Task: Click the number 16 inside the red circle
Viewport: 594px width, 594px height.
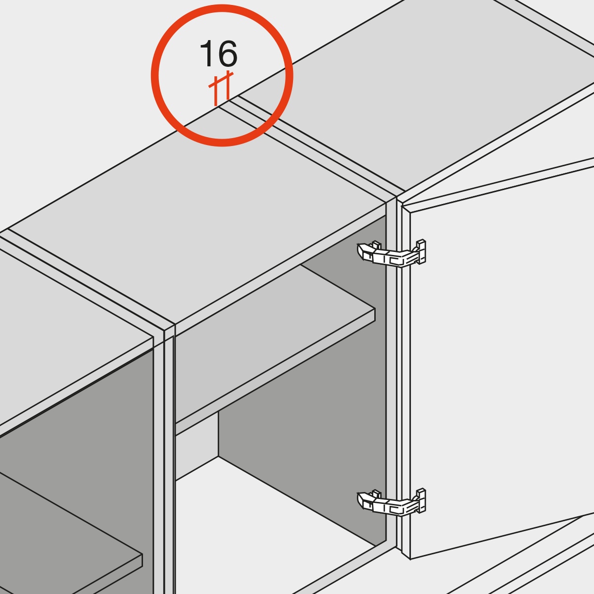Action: [x=219, y=53]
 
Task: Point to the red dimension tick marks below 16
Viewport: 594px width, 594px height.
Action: [x=221, y=88]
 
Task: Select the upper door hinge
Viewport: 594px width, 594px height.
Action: [x=392, y=253]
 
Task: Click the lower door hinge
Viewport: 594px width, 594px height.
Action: [x=392, y=502]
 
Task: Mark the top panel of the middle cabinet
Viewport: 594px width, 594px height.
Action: [x=198, y=216]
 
